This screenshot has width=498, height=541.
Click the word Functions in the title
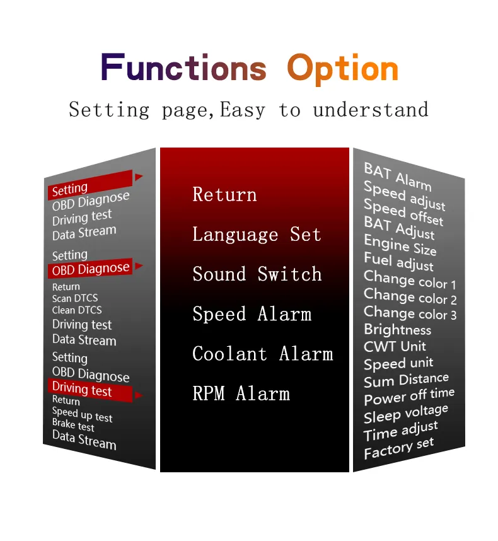183,67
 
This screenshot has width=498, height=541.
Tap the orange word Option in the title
343,69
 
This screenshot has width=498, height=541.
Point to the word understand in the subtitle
371,110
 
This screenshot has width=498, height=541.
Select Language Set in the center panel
257,235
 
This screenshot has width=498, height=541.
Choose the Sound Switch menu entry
257,274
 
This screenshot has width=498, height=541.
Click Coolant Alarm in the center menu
263,354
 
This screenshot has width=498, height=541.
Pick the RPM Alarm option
241,393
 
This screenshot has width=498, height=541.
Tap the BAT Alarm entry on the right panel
398,177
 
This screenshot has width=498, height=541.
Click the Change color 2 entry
410,296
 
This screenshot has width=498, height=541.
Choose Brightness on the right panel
397,330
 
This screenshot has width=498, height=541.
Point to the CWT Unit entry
395,346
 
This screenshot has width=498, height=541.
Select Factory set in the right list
398,448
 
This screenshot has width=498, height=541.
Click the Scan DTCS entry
75,298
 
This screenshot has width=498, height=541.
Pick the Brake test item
73,425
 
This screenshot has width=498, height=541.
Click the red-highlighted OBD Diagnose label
90,269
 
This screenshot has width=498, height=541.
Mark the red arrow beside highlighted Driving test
139,395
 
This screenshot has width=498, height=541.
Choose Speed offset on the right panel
403,212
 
